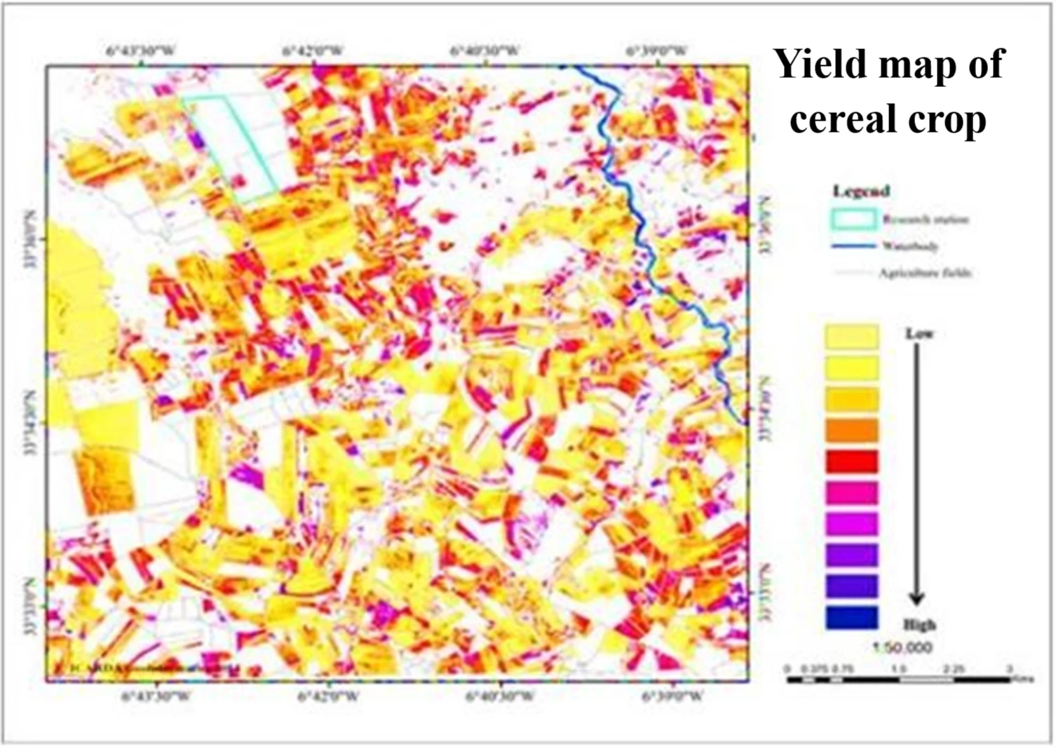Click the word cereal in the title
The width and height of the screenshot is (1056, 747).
coord(840,119)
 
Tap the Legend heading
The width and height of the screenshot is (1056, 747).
coord(861,191)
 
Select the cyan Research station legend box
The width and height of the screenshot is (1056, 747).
coord(853,220)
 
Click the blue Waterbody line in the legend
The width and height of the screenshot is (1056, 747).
coord(853,246)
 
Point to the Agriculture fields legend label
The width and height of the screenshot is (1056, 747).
coord(925,273)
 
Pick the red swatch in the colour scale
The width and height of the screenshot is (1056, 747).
coord(852,462)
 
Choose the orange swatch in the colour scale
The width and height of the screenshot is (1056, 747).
coord(852,430)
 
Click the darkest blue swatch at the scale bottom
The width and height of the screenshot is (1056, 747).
coord(852,617)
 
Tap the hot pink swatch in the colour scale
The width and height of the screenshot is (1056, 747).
coord(852,493)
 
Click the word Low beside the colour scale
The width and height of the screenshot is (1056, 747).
coord(919,333)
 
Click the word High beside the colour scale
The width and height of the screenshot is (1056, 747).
coord(919,624)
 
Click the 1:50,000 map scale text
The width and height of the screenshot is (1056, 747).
coord(902,647)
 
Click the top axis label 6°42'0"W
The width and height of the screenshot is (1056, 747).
coord(313,51)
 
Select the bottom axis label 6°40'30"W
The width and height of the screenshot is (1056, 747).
coord(501,696)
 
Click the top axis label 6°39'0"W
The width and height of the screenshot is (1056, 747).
coord(656,51)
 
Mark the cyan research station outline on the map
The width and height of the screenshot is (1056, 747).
coord(231,99)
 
